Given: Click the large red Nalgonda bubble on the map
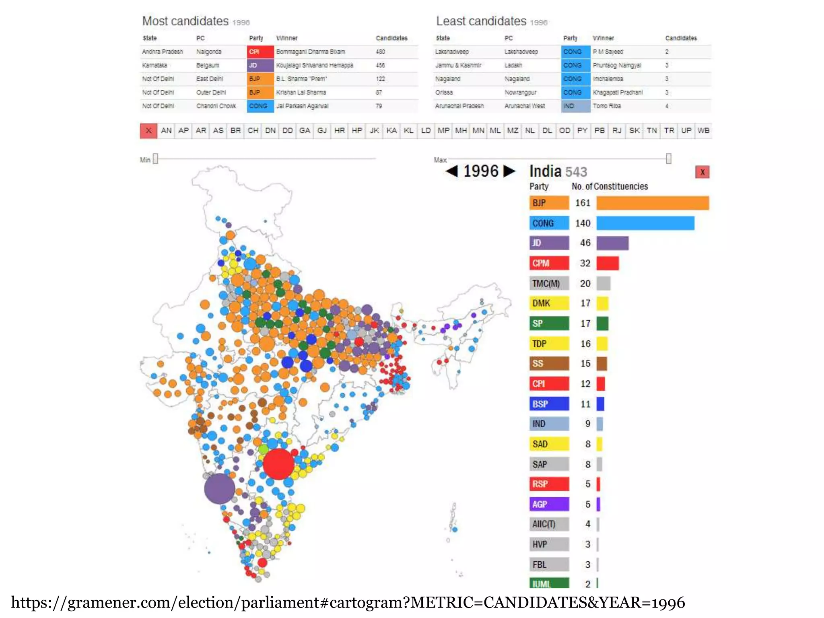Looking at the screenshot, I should (x=278, y=464).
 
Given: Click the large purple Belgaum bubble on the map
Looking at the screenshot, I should (x=219, y=488).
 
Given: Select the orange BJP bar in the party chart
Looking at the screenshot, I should (x=652, y=203).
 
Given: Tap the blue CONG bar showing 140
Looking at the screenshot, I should (x=645, y=223).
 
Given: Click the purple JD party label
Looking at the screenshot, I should (x=549, y=243).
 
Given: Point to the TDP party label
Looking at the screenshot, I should (x=549, y=344).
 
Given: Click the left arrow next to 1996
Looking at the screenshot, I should (x=452, y=171).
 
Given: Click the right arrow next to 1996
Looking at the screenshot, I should (x=509, y=171).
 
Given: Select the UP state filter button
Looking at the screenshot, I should (x=686, y=130).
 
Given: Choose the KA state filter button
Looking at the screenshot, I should (x=391, y=130).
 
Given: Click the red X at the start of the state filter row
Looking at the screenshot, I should (x=148, y=131).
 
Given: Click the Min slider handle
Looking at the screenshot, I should (x=156, y=159).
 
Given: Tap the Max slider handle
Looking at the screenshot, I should (x=668, y=159).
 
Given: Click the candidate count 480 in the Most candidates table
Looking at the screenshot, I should (x=380, y=52).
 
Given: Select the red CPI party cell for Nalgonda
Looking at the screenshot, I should (x=260, y=52).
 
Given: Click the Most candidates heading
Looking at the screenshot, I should (x=185, y=21).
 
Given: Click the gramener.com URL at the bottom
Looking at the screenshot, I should (x=348, y=602).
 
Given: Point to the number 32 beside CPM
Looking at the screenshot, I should (x=585, y=263).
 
